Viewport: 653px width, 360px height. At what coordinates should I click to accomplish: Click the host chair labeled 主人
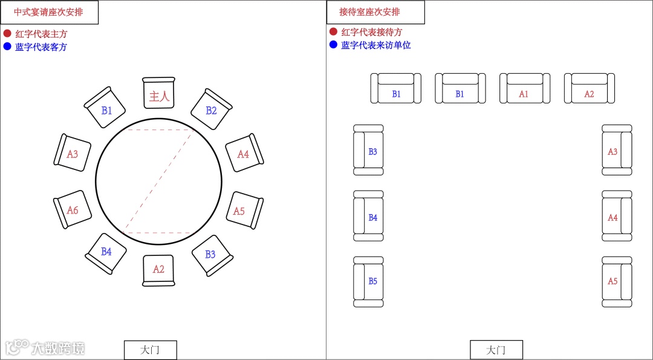point(159,94)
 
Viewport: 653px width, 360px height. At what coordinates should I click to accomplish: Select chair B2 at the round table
point(211,110)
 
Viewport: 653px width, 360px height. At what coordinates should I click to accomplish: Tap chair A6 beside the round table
point(71,211)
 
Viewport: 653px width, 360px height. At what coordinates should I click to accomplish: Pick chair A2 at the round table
point(158,269)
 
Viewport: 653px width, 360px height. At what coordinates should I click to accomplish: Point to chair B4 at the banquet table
point(106,252)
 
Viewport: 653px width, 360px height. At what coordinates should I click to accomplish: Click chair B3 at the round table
point(211,255)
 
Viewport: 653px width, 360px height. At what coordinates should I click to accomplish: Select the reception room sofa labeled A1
point(525,89)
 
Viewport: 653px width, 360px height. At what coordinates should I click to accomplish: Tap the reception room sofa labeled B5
point(368,281)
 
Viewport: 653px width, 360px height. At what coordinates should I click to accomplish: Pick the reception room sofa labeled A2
point(590,89)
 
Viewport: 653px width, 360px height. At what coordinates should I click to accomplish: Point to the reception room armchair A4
point(617,216)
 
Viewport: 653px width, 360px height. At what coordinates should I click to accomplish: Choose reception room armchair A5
point(617,281)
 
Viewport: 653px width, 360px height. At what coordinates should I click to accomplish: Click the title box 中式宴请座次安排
point(50,12)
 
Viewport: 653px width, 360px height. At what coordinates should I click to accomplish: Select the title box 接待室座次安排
point(375,12)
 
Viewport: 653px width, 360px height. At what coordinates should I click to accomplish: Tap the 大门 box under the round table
point(151,350)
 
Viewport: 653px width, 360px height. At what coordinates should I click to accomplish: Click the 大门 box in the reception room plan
point(496,350)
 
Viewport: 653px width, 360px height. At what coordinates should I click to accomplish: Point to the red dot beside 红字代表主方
point(7,33)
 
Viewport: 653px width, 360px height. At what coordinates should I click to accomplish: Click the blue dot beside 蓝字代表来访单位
point(333,44)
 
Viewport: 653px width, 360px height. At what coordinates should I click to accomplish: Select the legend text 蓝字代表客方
point(41,47)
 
